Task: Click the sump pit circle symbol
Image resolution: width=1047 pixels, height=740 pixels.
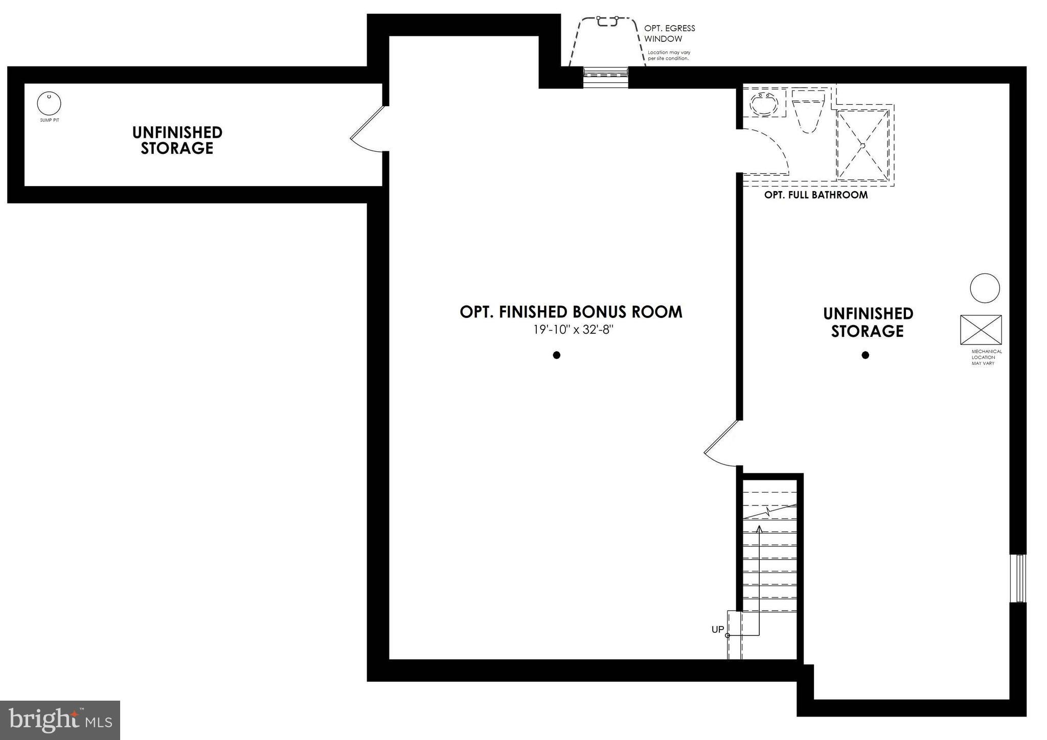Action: click(x=49, y=104)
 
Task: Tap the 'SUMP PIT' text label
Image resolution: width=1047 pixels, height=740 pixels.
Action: click(x=50, y=120)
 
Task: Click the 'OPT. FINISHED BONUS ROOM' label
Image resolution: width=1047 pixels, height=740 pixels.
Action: click(x=571, y=312)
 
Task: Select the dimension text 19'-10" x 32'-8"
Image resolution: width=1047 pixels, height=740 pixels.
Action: click(x=573, y=330)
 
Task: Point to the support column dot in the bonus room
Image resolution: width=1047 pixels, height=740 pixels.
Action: click(x=557, y=355)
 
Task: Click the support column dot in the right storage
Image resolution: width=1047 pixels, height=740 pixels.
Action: click(x=866, y=355)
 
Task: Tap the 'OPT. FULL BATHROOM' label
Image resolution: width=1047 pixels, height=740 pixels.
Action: click(x=816, y=195)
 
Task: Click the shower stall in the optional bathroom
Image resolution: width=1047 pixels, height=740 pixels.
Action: click(x=863, y=145)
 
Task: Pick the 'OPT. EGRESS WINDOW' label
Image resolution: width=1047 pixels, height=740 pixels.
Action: click(x=669, y=33)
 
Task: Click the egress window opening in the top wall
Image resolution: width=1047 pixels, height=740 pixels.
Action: click(x=606, y=78)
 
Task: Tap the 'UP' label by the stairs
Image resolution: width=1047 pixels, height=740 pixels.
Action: click(x=717, y=630)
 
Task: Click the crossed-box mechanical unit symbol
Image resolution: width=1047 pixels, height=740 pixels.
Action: click(x=981, y=330)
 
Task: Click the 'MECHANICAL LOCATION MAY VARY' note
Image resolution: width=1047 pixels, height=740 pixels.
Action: click(x=987, y=357)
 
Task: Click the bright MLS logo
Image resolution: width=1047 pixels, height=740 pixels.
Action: click(x=60, y=720)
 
